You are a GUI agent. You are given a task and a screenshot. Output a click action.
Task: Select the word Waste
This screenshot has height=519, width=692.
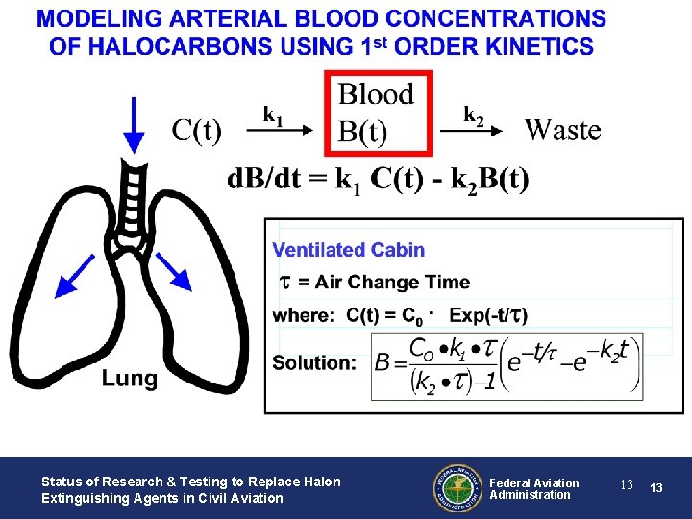(x=563, y=130)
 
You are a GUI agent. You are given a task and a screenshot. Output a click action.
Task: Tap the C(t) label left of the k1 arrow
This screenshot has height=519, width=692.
(x=196, y=130)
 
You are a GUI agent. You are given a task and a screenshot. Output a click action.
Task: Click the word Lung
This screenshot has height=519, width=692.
(x=130, y=379)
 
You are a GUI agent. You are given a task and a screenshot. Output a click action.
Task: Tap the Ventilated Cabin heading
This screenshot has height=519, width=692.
(x=348, y=250)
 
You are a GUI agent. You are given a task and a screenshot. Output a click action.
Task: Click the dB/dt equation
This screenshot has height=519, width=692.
(x=378, y=179)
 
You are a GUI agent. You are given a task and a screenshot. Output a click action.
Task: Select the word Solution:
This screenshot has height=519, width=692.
(x=314, y=363)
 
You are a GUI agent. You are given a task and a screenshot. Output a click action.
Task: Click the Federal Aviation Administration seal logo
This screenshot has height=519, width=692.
(x=457, y=488)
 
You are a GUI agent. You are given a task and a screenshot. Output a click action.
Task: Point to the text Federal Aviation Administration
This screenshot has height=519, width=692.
(x=534, y=488)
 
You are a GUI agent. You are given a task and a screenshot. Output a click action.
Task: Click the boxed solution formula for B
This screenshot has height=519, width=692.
(x=506, y=365)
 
